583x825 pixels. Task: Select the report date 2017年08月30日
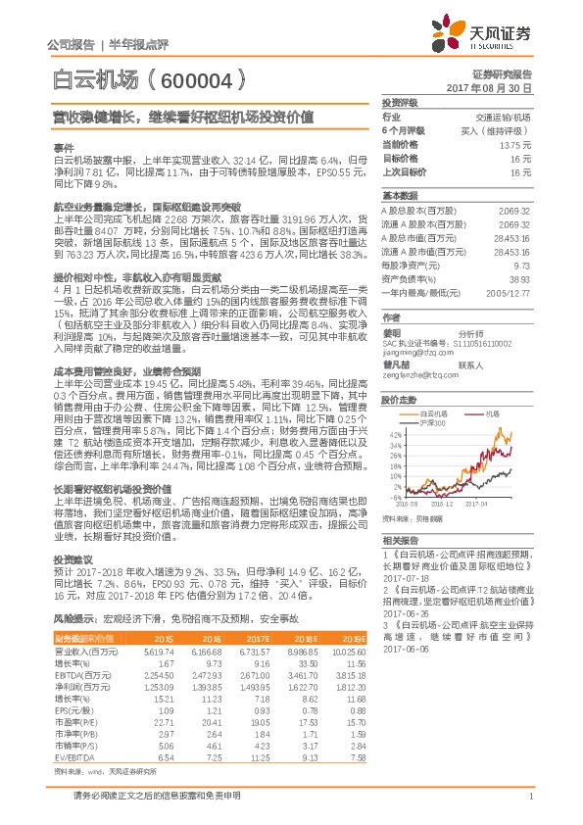click(x=494, y=88)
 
